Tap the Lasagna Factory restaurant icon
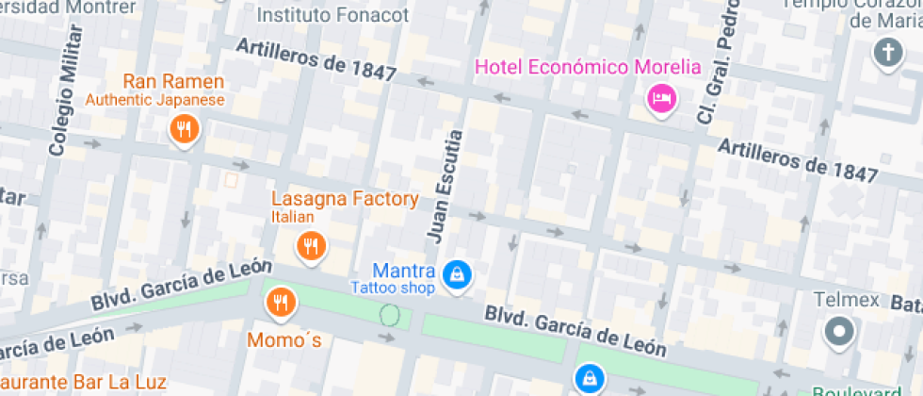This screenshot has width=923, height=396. (x=311, y=246)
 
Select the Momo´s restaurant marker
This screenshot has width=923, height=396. (x=280, y=302)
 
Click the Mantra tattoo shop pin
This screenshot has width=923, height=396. (x=458, y=274)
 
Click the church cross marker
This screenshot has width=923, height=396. (x=887, y=52)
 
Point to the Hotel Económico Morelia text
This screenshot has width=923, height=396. (x=589, y=67)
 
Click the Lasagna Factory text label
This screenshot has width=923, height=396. (x=345, y=199)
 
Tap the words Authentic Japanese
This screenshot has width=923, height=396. (x=155, y=100)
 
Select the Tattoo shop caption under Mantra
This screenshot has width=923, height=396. (x=393, y=288)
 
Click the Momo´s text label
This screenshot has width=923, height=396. (x=284, y=339)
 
